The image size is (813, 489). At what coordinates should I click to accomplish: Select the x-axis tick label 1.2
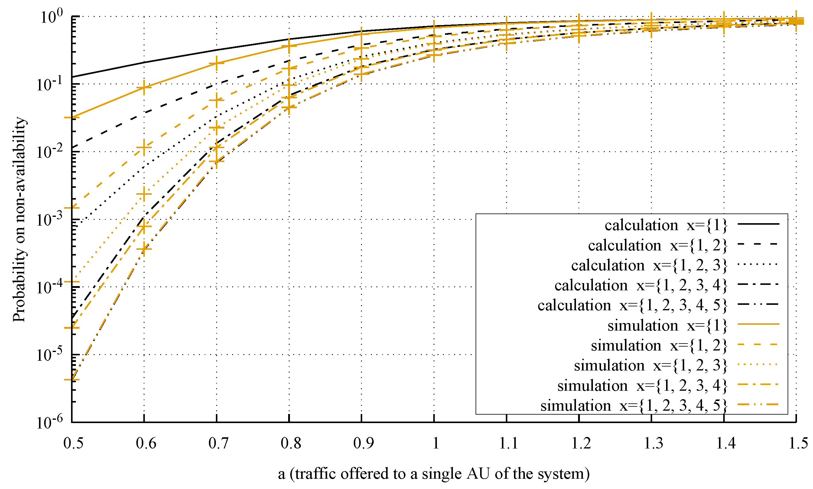(581, 444)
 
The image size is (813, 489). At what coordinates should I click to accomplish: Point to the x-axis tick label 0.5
(73, 444)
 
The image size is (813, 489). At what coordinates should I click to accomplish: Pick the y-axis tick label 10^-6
(49, 422)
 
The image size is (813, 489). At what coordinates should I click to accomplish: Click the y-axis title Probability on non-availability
(19, 219)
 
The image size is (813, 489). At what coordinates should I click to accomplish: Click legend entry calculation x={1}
(665, 225)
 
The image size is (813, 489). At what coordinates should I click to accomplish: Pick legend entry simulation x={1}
(667, 326)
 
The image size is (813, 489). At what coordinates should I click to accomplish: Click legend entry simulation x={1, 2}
(659, 346)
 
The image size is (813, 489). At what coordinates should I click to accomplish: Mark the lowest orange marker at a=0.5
(72, 380)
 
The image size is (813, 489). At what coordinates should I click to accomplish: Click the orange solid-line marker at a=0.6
(144, 87)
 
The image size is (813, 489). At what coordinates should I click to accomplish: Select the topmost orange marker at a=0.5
(72, 117)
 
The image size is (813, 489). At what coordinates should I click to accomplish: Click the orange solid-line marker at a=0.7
(216, 63)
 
